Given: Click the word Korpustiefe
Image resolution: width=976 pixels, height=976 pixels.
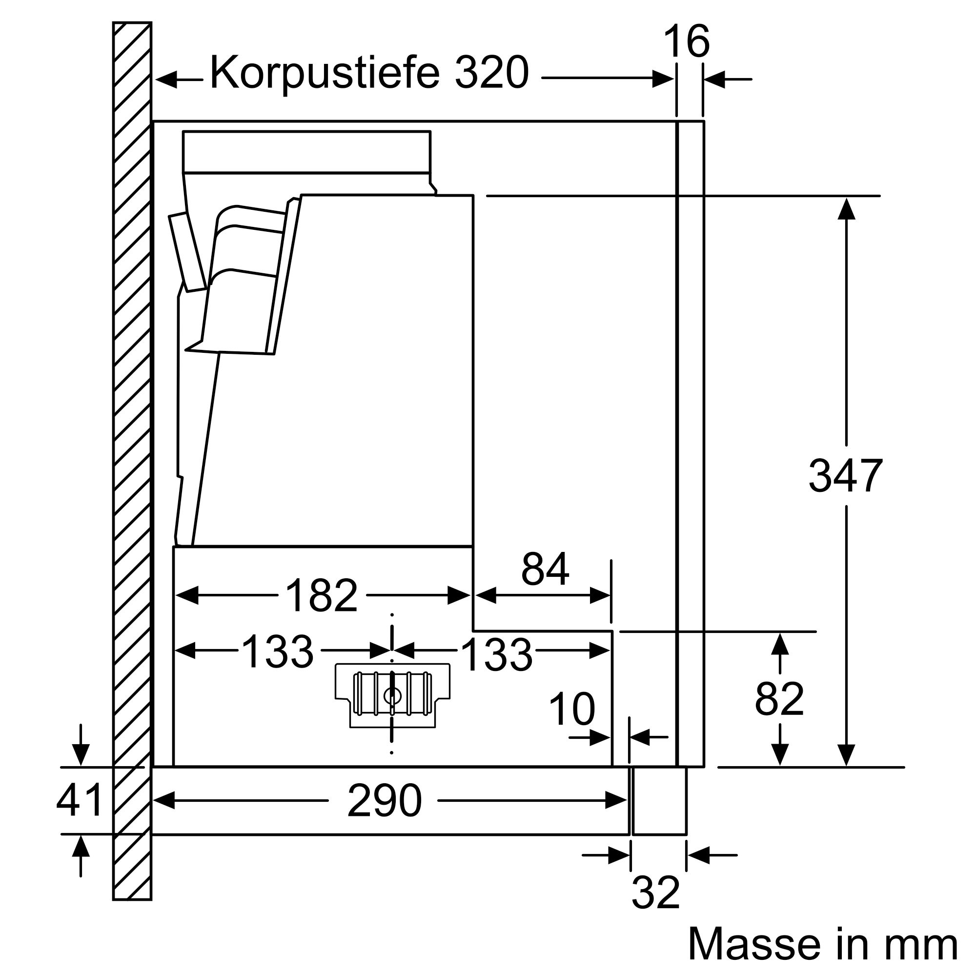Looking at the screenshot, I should click(x=324, y=74).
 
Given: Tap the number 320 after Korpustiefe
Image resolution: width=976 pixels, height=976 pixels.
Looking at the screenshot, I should click(x=491, y=74).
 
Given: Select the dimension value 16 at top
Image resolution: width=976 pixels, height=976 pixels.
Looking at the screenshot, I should click(x=686, y=41).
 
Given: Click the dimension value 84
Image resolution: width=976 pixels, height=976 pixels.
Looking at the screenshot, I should click(x=545, y=569).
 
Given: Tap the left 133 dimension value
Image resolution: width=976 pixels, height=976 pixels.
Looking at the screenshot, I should click(x=277, y=651).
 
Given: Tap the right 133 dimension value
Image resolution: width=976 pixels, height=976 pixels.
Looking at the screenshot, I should click(x=497, y=655).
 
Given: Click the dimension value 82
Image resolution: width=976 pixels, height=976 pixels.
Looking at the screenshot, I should click(x=779, y=699).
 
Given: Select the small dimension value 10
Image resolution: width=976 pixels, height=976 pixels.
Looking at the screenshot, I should click(x=571, y=709).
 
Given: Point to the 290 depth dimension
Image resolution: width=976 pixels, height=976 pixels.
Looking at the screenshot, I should click(x=384, y=801).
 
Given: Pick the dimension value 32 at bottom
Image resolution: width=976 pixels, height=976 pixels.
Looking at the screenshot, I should click(x=655, y=893).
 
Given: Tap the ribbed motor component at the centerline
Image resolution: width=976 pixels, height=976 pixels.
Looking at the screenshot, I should click(x=392, y=694).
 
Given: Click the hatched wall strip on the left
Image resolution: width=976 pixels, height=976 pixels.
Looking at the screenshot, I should click(x=132, y=455).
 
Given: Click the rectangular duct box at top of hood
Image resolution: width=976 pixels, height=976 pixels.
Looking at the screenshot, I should click(x=306, y=152).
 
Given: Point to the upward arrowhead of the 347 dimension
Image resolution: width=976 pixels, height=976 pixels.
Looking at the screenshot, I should click(x=846, y=209).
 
